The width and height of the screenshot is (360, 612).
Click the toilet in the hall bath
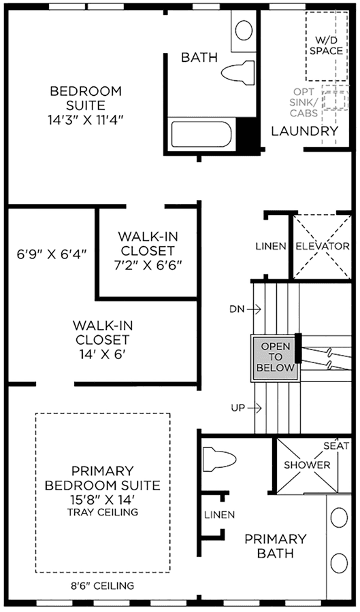[239, 73]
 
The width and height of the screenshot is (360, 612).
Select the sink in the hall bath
[244, 30]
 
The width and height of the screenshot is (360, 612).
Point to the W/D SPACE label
[327, 46]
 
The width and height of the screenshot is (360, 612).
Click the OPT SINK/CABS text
[306, 102]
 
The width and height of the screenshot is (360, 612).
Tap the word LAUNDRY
[305, 131]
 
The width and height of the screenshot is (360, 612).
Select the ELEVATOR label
[323, 246]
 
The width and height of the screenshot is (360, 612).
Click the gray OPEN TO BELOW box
[275, 357]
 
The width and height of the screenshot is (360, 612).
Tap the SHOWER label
[307, 465]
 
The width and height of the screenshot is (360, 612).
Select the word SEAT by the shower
[336, 445]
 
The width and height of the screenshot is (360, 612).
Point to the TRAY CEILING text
[103, 511]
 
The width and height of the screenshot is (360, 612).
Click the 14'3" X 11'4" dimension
[86, 120]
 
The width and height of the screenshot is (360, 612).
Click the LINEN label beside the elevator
[272, 246]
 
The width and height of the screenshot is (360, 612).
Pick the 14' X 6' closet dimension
[102, 354]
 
